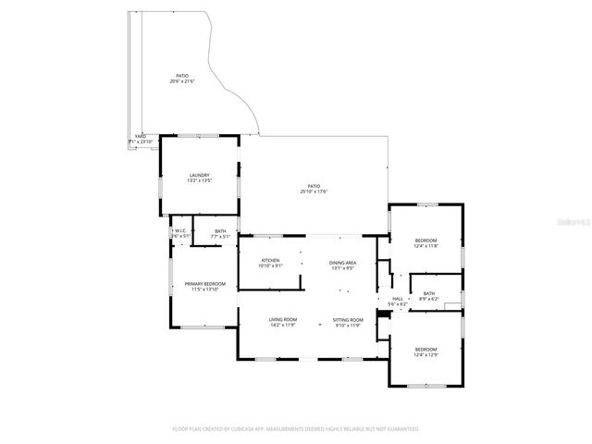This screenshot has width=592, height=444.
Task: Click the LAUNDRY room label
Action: [200, 175]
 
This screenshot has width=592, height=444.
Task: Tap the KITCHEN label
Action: [270, 260]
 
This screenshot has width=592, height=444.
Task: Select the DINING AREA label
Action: [343, 264]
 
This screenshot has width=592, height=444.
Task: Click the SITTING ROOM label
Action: [348, 320]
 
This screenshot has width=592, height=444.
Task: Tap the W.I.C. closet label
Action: [180, 230]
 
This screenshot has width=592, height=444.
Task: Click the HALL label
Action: [398, 299]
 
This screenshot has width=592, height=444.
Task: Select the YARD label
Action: [141, 136]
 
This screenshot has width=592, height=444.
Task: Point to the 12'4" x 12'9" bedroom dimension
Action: [425, 353]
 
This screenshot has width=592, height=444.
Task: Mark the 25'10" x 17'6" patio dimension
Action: [314, 191]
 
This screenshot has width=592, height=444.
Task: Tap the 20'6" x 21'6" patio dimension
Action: [182, 81]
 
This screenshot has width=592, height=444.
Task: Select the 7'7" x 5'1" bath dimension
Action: [220, 237]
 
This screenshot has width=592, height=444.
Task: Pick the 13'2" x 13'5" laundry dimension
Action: [200, 180]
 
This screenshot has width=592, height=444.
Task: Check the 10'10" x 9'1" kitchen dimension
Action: [270, 265]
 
